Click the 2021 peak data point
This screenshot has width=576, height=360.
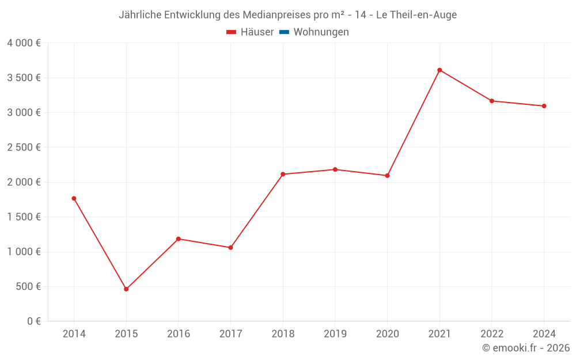(x=439, y=70)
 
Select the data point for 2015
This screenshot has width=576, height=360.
(x=126, y=289)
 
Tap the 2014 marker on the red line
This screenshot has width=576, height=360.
(x=74, y=198)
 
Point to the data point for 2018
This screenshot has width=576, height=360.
(x=283, y=174)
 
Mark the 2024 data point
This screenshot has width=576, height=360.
(x=544, y=106)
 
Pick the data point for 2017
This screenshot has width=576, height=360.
(x=230, y=248)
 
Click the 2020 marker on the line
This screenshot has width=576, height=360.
(x=387, y=176)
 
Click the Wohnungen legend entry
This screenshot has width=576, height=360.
(x=321, y=32)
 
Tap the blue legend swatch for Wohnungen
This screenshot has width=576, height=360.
(x=283, y=32)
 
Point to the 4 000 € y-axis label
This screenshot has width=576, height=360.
(x=24, y=43)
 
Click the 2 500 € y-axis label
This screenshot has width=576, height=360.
(x=24, y=147)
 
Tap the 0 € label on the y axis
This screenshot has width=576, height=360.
(x=33, y=321)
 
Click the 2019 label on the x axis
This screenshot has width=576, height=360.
(x=335, y=334)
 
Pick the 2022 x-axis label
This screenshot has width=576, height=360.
(x=492, y=334)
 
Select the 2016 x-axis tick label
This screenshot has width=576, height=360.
(x=179, y=334)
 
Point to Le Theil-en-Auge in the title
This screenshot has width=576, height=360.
(x=416, y=15)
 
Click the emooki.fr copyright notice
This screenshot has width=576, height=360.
(x=526, y=348)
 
